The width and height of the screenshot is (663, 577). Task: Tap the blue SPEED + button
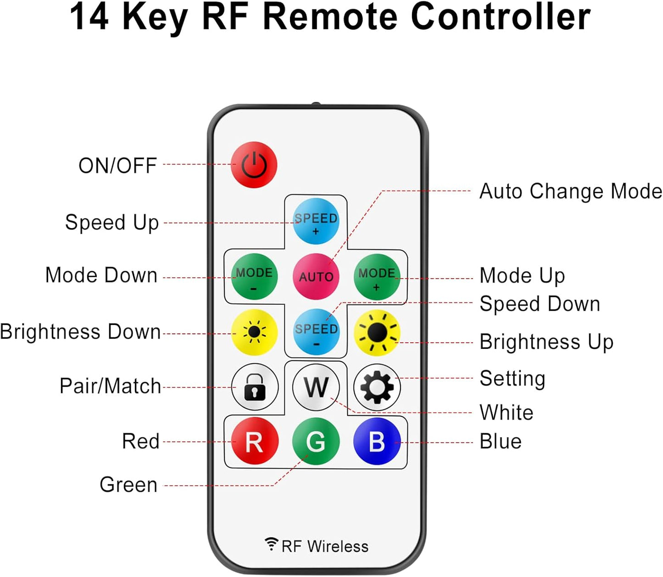(316, 221)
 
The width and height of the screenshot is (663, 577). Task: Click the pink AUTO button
(316, 276)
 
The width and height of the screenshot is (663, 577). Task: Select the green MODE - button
(254, 276)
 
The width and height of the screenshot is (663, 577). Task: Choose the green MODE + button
(377, 276)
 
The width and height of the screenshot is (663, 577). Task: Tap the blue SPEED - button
(316, 332)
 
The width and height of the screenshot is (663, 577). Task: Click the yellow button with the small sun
(254, 332)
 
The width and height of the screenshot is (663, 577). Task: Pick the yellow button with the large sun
(377, 332)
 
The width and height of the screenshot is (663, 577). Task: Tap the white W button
(316, 387)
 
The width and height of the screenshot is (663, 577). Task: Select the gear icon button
(377, 387)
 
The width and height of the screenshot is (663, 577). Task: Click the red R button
(254, 441)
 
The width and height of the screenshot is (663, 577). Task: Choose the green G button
(316, 441)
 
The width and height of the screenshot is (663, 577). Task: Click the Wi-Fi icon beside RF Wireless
(272, 544)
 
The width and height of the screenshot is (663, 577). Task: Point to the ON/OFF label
(118, 166)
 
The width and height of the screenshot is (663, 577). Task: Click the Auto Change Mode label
(570, 191)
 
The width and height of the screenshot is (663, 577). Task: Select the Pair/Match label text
(110, 386)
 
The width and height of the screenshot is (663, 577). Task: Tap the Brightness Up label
(546, 342)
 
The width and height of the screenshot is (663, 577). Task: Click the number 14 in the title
(89, 17)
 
